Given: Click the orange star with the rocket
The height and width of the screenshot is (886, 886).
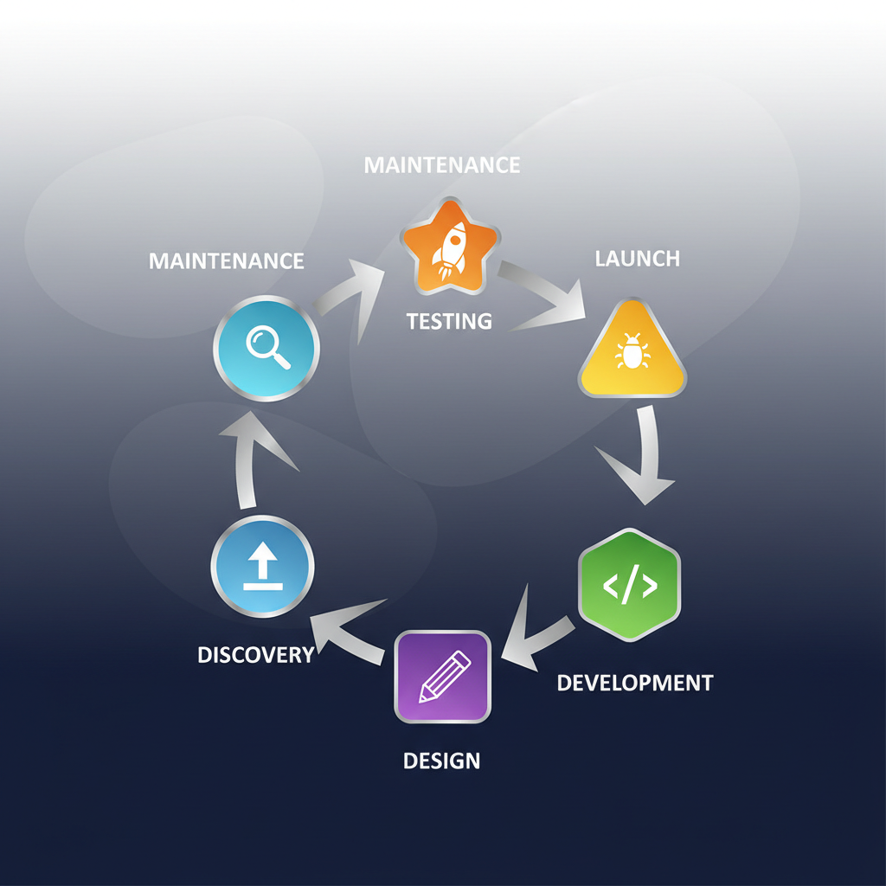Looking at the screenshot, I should tap(448, 246).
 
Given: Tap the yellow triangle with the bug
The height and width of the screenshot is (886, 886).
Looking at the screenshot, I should tap(632, 353).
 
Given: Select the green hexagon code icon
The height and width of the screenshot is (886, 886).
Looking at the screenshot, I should tap(629, 585).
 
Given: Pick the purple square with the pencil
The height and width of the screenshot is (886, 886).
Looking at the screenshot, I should tap(443, 677).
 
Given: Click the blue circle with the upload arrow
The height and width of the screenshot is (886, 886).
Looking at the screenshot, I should tap(262, 568).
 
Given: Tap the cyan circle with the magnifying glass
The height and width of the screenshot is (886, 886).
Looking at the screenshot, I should tap(266, 349).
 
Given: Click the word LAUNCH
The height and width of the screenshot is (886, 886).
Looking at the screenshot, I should tap(637, 258).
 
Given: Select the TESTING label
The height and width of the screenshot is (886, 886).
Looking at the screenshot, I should tap(449, 321).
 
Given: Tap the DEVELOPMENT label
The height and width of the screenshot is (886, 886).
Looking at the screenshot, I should tap(634, 682).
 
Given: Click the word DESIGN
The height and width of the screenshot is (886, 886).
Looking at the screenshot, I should tap(441, 761).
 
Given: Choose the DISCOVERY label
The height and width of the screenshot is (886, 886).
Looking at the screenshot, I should tap(255, 655).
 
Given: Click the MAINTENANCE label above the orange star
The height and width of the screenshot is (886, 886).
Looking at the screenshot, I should tap(442, 164).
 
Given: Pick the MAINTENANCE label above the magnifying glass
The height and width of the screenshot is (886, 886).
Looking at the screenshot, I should tap(226, 260).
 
